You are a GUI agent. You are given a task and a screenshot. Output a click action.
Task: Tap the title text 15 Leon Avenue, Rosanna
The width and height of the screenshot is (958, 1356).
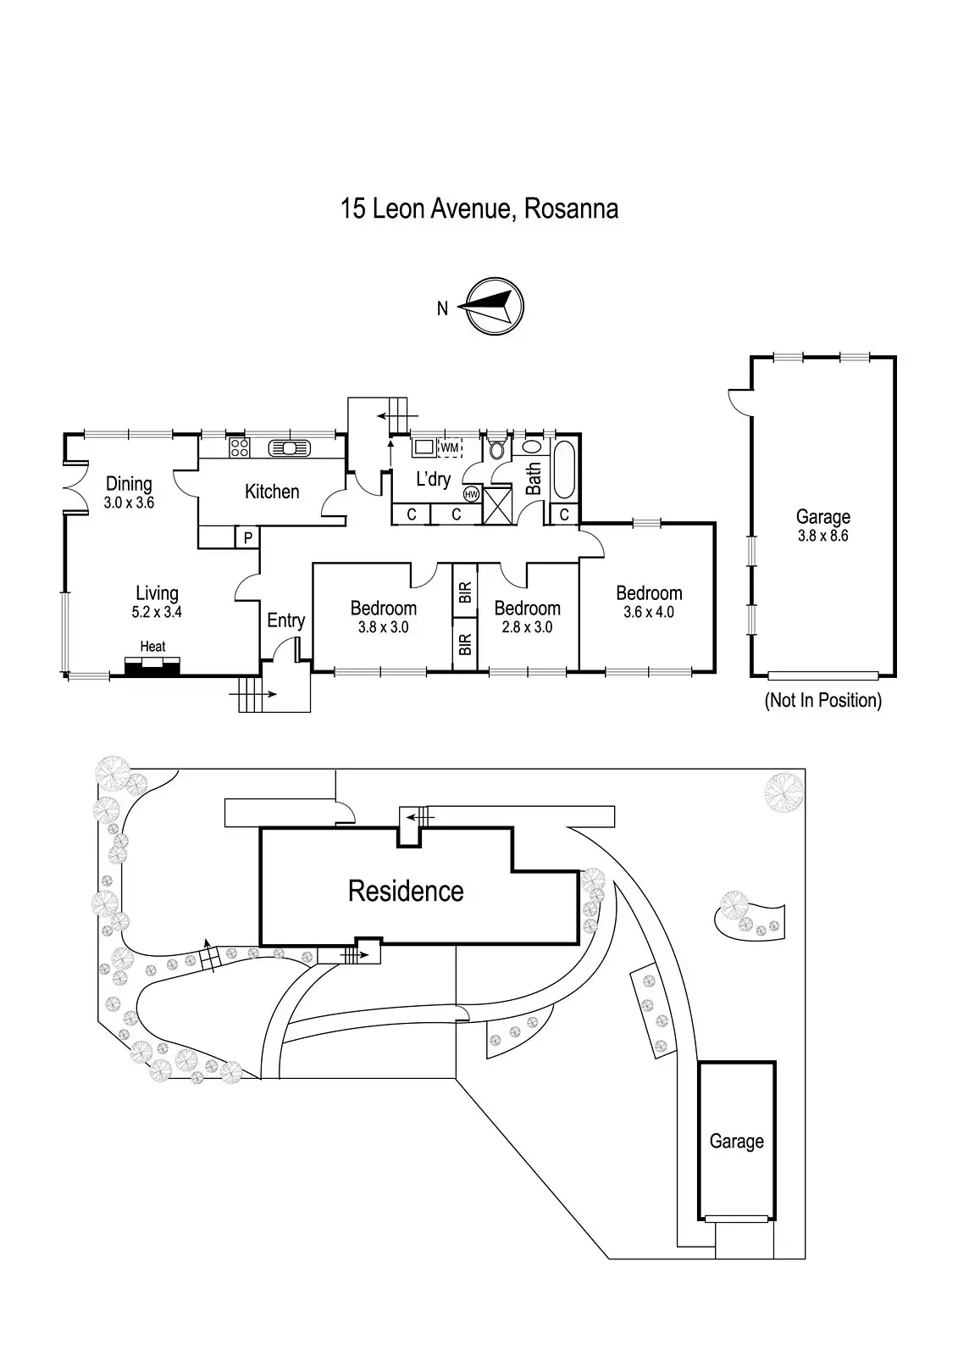click(479, 208)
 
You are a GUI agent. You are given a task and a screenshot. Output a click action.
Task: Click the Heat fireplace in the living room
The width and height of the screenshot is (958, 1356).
click(152, 667)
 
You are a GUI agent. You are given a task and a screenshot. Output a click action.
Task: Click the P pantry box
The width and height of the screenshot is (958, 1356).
click(247, 537)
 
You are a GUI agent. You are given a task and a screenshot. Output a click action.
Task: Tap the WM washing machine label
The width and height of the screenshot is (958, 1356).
click(449, 447)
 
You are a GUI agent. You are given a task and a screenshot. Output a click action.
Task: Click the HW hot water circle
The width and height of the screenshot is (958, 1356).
click(471, 494)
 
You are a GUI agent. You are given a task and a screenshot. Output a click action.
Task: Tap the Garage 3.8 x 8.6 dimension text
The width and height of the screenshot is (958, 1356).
click(822, 536)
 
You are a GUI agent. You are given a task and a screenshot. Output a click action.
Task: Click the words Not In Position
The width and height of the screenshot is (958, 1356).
click(822, 701)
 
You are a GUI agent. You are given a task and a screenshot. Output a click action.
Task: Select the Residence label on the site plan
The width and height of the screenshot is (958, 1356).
click(406, 891)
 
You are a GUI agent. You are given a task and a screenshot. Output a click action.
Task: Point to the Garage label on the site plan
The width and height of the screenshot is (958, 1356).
click(736, 1141)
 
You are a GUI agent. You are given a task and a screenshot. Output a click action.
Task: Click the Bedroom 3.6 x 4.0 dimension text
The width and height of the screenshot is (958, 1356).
click(649, 612)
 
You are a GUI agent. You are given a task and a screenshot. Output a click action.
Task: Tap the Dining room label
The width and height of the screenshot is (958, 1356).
click(129, 484)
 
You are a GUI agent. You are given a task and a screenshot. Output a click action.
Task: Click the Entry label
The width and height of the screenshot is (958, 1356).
click(285, 620)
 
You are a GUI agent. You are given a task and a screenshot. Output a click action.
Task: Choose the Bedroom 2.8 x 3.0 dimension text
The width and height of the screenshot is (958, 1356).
click(527, 627)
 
